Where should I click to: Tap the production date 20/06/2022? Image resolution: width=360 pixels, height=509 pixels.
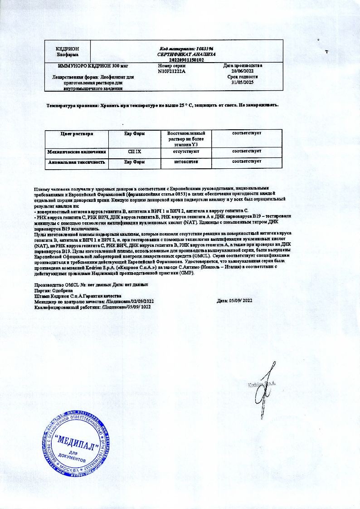coord(243,71)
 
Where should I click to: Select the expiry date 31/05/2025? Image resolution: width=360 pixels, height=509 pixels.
coord(243,83)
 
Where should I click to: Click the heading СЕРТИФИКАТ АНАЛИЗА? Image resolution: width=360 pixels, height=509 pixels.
coord(186,54)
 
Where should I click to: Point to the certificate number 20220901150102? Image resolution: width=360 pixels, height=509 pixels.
coord(186,59)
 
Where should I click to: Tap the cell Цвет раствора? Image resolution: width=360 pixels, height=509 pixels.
coord(77,134)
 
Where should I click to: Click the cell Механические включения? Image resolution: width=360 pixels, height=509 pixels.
coord(77,152)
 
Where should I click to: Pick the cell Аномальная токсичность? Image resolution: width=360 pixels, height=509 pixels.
coord(77,162)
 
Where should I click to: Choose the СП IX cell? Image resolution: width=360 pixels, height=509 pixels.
coord(135,152)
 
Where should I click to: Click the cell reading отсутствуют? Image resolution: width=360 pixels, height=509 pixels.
coord(186,152)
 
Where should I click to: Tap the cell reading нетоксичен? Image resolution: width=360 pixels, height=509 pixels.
coord(186,162)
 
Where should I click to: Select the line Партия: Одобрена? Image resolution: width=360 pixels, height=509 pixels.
coord(54,290)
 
